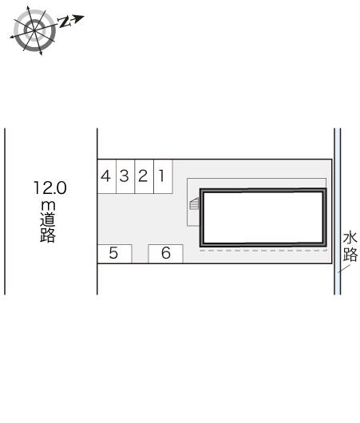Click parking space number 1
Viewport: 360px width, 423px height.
[163, 176]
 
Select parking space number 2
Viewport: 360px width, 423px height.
[144, 176]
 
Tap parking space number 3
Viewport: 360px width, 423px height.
[125, 176]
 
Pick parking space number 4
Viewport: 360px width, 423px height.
[107, 176]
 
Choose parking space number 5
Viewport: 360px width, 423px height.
[114, 254]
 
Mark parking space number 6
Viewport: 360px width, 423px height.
[166, 254]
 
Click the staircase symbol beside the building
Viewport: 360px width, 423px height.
[194, 204]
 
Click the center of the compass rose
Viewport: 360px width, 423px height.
[34, 30]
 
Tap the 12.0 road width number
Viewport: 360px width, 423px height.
[50, 188]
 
